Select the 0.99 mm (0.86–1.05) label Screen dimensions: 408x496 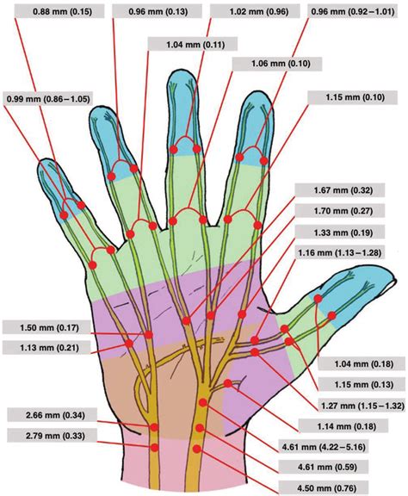tap(48, 99)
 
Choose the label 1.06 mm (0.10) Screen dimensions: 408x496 tap(277, 64)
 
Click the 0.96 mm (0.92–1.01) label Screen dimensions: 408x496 tap(353, 12)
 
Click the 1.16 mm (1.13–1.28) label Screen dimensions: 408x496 tap(340, 253)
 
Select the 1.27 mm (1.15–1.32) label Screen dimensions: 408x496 tap(363, 406)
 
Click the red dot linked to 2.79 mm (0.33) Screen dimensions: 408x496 tap(154, 448)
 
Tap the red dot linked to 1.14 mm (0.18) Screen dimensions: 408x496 tap(228, 383)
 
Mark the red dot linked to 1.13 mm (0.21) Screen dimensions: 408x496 tap(129, 344)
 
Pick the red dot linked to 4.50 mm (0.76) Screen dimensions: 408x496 tap(197, 449)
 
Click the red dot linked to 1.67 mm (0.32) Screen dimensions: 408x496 tap(186, 320)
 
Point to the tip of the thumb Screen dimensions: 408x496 tap(396, 280)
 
